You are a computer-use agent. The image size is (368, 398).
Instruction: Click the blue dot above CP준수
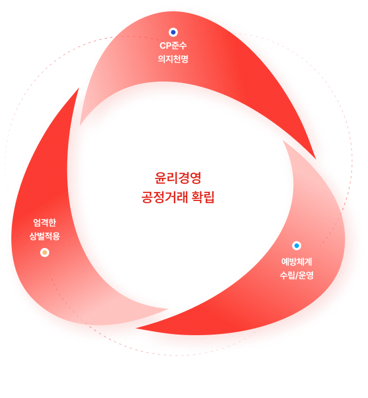[x=173, y=32]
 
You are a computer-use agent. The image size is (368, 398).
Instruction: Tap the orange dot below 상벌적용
[x=45, y=253]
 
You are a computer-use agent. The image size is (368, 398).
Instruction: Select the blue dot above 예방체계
[x=297, y=246]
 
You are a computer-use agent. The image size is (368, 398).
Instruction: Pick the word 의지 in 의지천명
[x=165, y=58]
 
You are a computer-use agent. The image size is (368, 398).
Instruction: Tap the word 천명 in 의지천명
[x=180, y=58]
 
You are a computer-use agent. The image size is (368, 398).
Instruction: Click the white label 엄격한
[x=45, y=222]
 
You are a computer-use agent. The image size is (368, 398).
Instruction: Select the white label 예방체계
[x=297, y=262]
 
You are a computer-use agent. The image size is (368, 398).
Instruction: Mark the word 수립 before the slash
[x=287, y=276]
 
